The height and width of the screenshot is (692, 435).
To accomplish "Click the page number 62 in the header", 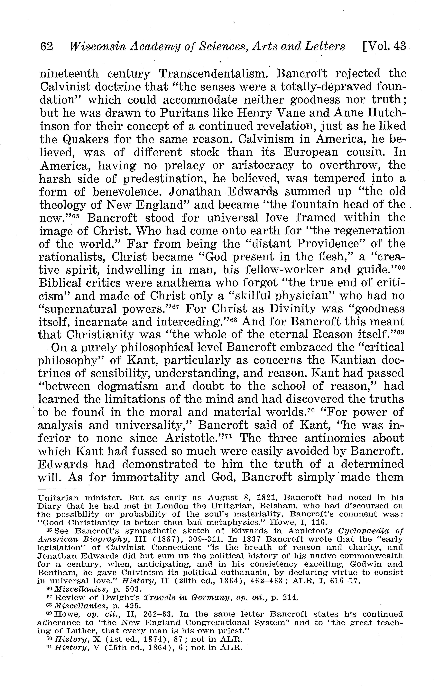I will coord(47,46).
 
